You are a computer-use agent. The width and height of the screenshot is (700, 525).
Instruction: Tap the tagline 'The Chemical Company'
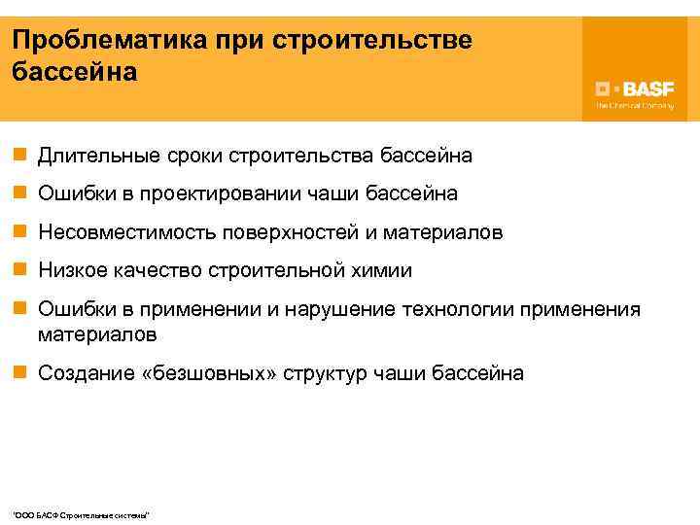(x=634, y=105)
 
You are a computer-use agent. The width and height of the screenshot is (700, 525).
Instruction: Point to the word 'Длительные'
(x=91, y=156)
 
